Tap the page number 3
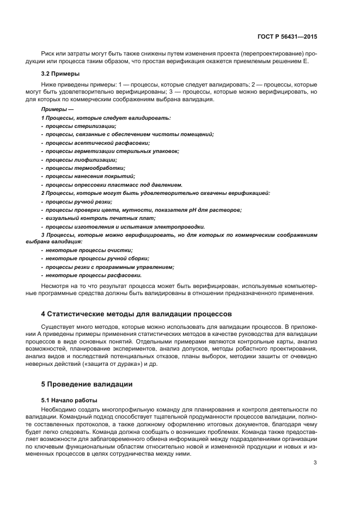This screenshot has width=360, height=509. pos(315,463)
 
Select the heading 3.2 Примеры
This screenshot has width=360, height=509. pos(60,73)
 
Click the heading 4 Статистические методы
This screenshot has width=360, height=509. pos(137,314)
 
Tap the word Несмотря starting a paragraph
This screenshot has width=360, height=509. pos(55,285)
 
